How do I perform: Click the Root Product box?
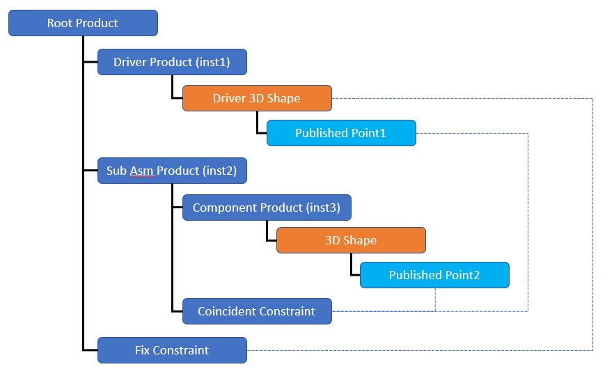click(x=83, y=23)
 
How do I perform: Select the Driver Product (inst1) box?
click(x=172, y=62)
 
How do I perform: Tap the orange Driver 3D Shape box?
click(x=257, y=98)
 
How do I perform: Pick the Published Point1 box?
click(x=341, y=133)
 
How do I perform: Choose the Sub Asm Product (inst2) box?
click(x=172, y=171)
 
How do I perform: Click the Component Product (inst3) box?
click(x=267, y=207)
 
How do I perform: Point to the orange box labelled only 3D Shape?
click(x=351, y=240)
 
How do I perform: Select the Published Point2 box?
click(x=434, y=275)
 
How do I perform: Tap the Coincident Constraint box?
click(x=257, y=311)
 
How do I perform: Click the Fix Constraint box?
click(x=172, y=350)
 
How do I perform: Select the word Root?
click(x=60, y=23)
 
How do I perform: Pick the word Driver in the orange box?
click(x=229, y=98)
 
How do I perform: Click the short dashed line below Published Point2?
click(x=435, y=299)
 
